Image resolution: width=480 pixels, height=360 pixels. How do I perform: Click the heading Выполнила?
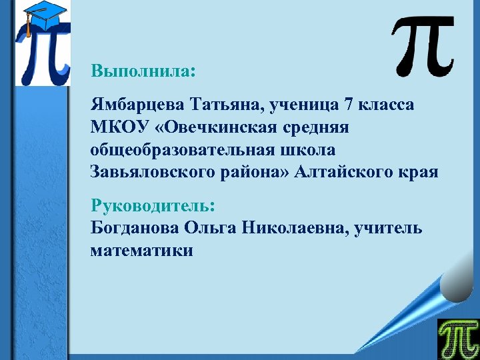tap(143, 71)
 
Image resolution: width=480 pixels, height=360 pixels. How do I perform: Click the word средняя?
tap(319, 127)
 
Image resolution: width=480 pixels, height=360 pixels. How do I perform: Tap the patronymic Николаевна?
tap(295, 228)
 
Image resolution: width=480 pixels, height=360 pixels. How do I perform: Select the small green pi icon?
tap(457, 339)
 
